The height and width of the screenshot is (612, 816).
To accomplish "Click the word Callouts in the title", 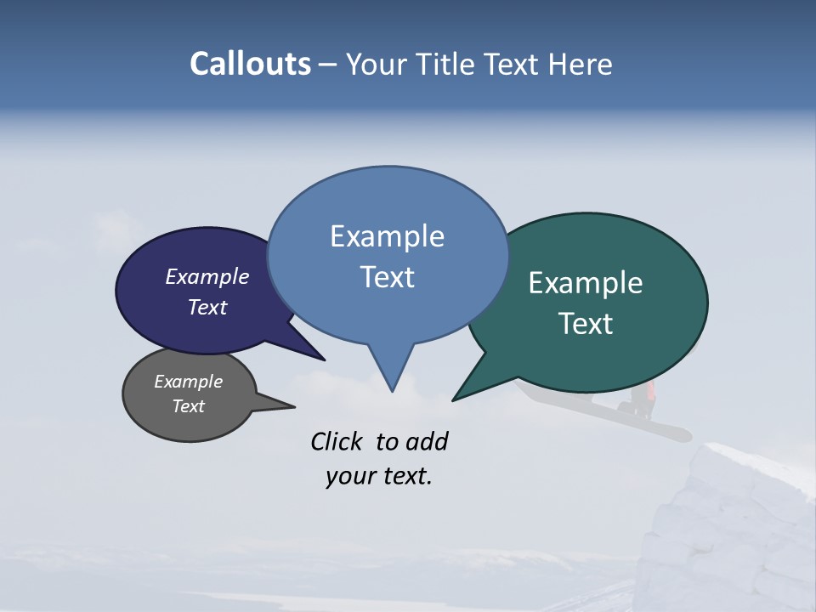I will coord(251,65).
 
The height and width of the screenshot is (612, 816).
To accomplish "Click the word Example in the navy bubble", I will coord(207,276).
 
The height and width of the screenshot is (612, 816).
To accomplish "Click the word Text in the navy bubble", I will coord(207,307).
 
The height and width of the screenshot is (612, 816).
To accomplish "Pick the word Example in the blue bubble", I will coord(387,236).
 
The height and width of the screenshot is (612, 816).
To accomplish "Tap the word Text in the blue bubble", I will coord(388,277).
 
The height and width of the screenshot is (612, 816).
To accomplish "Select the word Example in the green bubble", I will coord(586,283).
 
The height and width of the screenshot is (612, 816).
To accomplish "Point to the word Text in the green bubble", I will coord(586,324).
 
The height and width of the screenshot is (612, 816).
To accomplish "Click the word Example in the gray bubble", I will coord(188,382).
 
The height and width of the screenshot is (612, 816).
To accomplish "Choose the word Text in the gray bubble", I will coord(189,406).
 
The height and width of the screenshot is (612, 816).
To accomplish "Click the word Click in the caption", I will coord(337,442).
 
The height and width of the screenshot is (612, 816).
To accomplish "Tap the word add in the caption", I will coord(428,442).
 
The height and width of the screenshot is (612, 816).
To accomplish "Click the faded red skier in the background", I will coord(650,392).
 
